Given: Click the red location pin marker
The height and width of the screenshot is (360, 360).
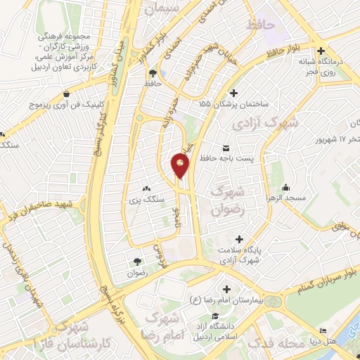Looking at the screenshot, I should (x=180, y=165).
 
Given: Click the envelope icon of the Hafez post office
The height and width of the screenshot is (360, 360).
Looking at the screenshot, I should (x=226, y=148).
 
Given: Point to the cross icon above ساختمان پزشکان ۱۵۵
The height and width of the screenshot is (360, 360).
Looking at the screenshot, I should (x=234, y=93).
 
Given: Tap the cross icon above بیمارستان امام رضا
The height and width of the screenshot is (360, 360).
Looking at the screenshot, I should (x=226, y=290).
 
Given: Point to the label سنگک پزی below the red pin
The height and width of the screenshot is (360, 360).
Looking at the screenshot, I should (x=147, y=200).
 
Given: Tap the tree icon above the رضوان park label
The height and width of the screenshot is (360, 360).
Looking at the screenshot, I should (x=136, y=261).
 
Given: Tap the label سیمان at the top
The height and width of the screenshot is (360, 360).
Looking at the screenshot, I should (x=163, y=9).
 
